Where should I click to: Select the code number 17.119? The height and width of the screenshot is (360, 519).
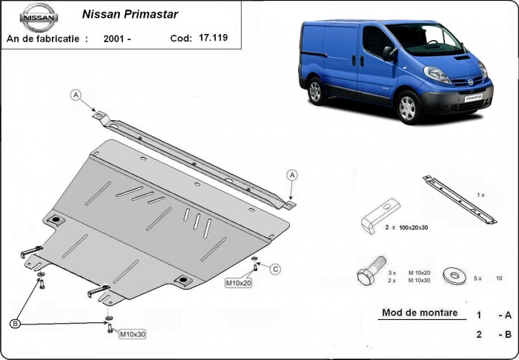pos(214,37)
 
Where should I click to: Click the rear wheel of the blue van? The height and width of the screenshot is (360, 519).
pos(315,91)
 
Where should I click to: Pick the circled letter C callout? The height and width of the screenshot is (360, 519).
pos(274,268)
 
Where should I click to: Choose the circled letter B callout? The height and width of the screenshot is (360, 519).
pos(16,324)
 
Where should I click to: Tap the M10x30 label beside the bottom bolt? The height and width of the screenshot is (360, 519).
pos(133,334)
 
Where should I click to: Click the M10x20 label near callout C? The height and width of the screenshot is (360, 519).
pos(239,282)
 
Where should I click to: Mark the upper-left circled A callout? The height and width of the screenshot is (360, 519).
pos(76,94)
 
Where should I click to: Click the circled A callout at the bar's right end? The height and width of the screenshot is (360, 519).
pos(293,175)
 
